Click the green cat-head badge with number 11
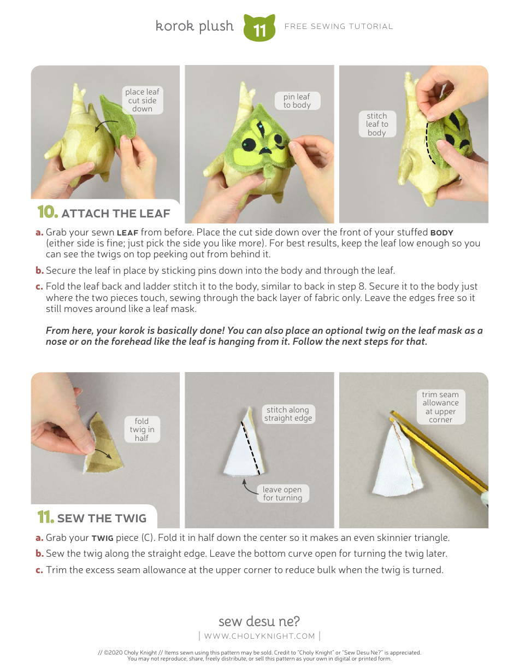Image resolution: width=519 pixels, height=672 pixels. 259,29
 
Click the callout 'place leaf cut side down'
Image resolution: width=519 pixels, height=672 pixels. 142,101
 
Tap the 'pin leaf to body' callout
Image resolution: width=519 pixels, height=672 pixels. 297,101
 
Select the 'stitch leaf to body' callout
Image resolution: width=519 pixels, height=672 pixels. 376,124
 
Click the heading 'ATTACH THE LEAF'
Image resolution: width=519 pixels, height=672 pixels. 116,214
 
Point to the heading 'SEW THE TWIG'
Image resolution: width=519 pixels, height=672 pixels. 102,518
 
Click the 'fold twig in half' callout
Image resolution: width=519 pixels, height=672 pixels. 141,429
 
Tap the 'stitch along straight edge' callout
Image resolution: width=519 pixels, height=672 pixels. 288,414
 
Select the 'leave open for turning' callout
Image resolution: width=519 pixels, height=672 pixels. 282,493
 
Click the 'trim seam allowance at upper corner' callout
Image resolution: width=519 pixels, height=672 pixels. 440,407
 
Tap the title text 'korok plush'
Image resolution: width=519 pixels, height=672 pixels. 194,26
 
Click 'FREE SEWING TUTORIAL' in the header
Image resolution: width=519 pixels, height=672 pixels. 339,26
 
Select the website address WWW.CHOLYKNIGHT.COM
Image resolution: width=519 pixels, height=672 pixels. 259,636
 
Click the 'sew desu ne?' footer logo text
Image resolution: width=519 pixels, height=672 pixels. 259,621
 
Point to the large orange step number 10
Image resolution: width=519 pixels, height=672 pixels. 47,213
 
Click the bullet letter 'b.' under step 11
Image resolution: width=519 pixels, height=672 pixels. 39,553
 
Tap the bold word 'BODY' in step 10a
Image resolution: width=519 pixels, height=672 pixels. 441,233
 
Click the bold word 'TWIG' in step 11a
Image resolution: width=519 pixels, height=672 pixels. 102,538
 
